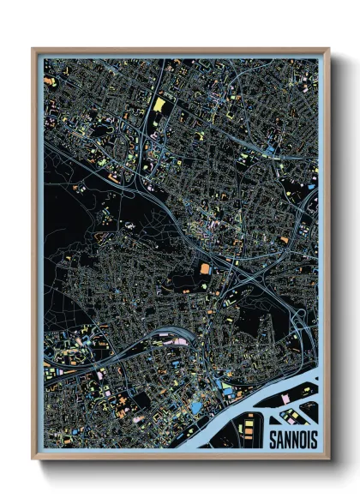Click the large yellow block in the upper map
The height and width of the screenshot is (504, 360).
pos(159,105)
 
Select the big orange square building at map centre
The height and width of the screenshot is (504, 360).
pos(204,268)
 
